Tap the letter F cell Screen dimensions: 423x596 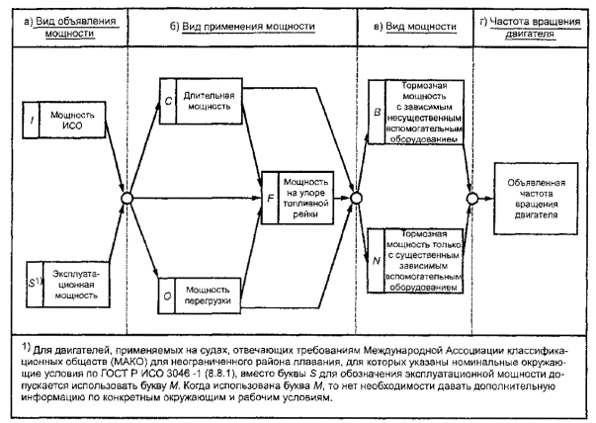pos(269,199)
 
